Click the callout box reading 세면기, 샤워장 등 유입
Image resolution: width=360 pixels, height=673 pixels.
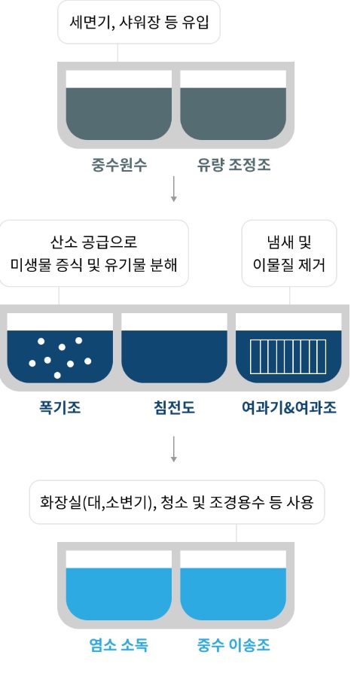pos(139,22)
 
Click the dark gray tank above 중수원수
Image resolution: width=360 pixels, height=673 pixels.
pos(119,114)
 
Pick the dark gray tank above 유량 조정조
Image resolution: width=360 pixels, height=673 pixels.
pos(233,114)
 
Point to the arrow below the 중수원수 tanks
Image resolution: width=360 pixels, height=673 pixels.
pos(173,189)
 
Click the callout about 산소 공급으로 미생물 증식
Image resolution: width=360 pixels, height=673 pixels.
pos(93,253)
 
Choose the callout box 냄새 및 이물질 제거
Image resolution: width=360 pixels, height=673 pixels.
pos(289,253)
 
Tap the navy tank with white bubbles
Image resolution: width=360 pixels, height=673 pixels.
pos(60,356)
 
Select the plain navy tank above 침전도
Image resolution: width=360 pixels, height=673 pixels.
pos(175,356)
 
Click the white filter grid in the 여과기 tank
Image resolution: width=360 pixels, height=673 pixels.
pos(288,356)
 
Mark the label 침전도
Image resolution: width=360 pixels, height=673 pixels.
pos(174,408)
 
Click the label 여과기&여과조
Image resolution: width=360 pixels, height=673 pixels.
pos(288,408)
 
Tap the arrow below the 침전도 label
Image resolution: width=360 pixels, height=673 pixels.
pos(173,449)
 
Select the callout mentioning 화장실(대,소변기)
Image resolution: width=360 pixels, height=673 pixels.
pos(176,502)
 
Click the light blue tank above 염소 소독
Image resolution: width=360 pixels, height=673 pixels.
pos(119,594)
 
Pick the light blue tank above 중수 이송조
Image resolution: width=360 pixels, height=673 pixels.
pos(233,594)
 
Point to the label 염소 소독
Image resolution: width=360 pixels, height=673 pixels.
pos(119,645)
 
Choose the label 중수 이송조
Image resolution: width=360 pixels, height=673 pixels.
pos(233,645)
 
